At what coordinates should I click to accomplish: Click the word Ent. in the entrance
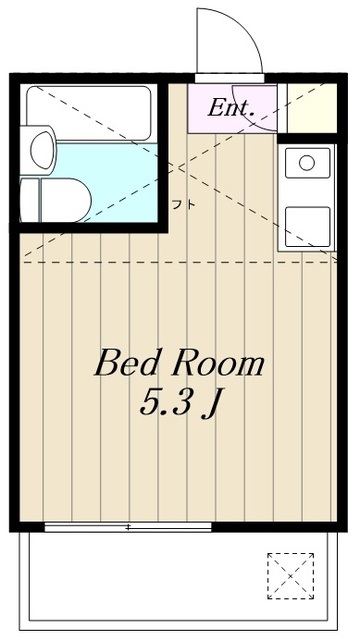coord(231,108)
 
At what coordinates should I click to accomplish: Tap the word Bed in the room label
coord(126,363)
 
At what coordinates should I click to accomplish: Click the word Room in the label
coord(218,363)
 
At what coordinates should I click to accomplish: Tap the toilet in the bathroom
coord(56,200)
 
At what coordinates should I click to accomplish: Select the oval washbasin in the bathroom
coord(42,150)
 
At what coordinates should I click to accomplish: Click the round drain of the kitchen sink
coord(307,163)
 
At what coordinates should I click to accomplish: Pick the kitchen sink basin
coord(307,163)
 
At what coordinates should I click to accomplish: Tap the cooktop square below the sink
coord(307,227)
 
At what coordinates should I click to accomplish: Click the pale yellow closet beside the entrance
coord(312,108)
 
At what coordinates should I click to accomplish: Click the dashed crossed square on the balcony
coord(291,576)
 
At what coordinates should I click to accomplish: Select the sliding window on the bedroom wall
coord(128,527)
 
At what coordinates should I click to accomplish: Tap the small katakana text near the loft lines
coord(183,204)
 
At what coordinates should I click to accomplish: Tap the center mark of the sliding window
coord(128,527)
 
